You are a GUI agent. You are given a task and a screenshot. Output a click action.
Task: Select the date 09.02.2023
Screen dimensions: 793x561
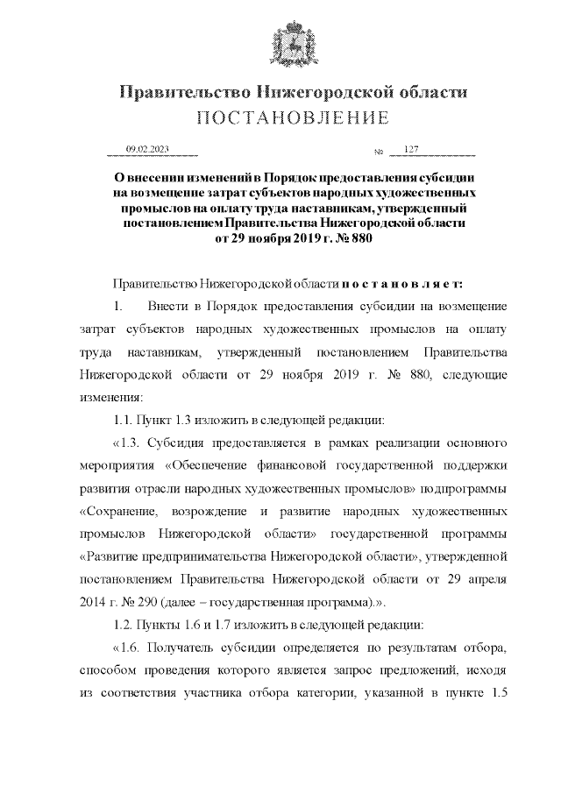(147, 150)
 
